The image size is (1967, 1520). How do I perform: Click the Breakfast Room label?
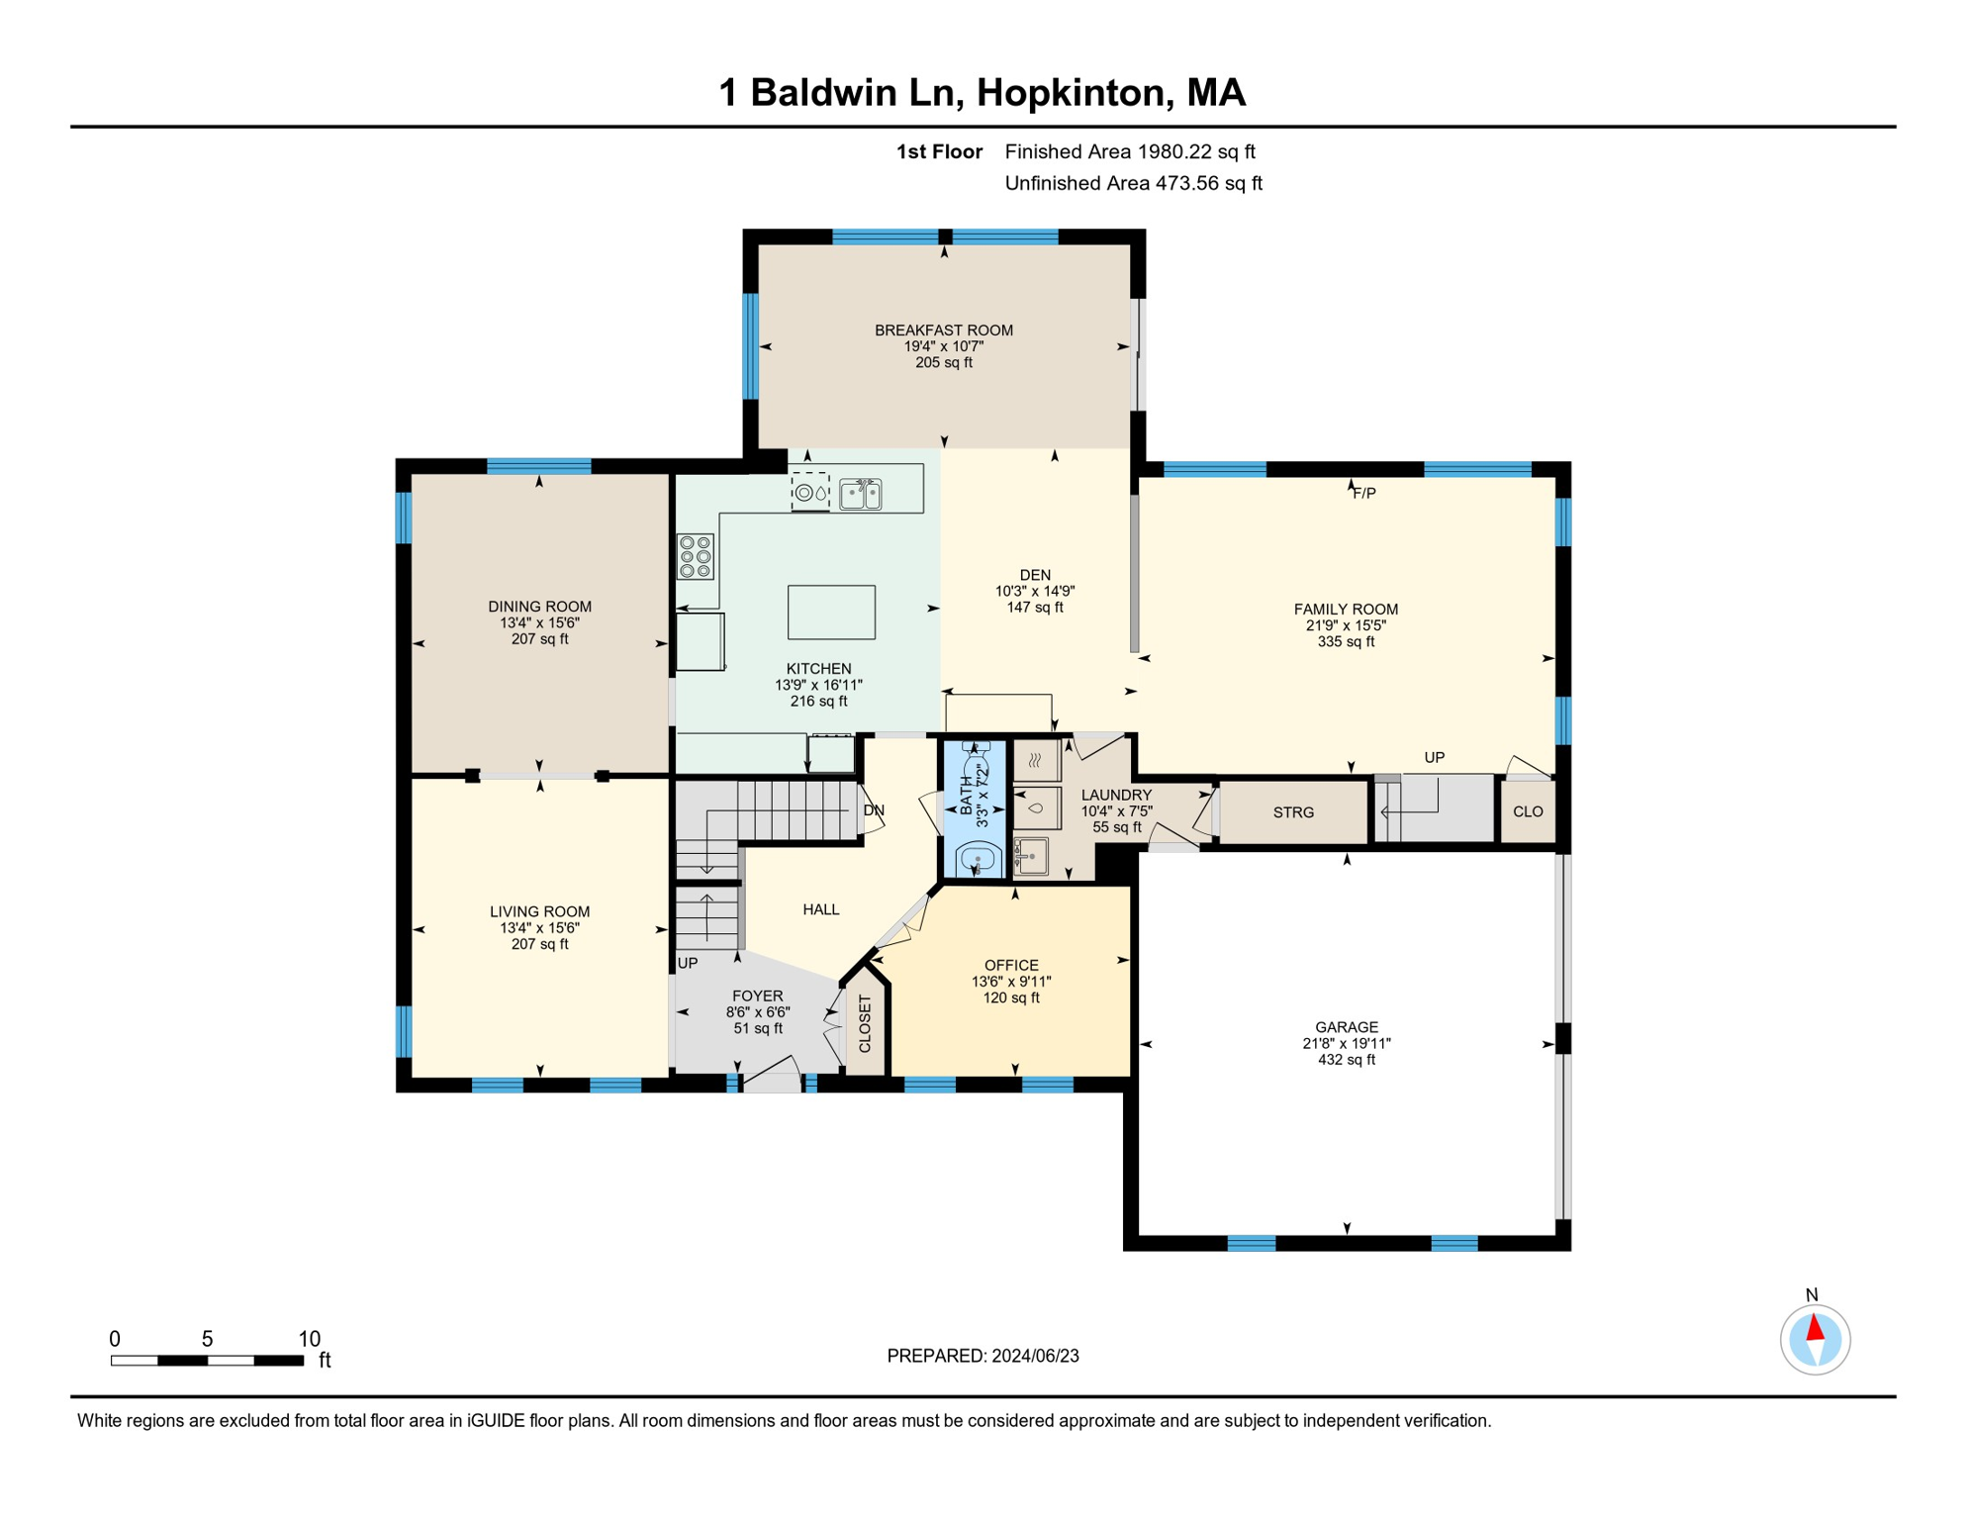(x=943, y=330)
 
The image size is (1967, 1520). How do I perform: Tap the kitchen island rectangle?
(x=831, y=612)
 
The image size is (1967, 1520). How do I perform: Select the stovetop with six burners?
(x=696, y=556)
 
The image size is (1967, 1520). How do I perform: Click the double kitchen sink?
(x=860, y=493)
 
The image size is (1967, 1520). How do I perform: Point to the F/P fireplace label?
(x=1363, y=493)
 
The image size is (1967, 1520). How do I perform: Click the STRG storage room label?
(x=1293, y=812)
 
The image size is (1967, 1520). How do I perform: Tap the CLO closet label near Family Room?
(x=1528, y=811)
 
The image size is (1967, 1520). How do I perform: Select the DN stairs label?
(x=874, y=809)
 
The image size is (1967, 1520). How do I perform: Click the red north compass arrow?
(x=1815, y=1327)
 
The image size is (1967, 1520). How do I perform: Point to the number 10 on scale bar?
(x=309, y=1339)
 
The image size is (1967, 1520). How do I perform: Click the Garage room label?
(x=1347, y=1027)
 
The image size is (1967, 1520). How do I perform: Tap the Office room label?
(x=1011, y=965)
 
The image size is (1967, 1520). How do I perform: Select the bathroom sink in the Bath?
(x=977, y=859)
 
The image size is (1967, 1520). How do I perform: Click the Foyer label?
(x=758, y=996)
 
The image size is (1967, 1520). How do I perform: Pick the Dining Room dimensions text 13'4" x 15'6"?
(x=539, y=622)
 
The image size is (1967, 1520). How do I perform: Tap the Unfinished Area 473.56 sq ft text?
(x=1133, y=183)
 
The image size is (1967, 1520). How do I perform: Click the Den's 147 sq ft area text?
(x=1035, y=607)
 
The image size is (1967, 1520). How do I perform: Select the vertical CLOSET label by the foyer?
(x=865, y=1023)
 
